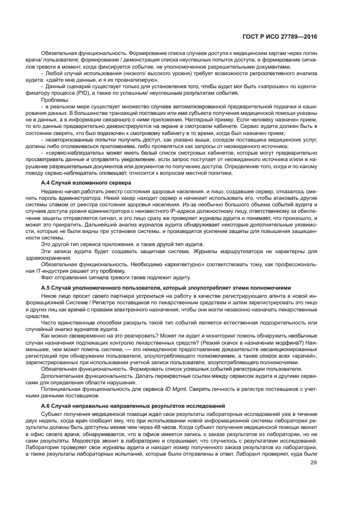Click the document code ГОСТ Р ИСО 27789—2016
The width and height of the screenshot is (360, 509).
280,37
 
